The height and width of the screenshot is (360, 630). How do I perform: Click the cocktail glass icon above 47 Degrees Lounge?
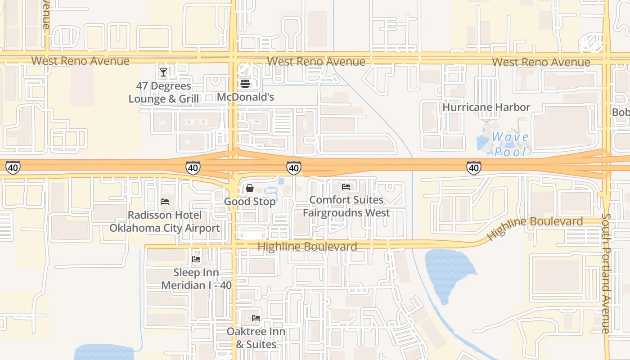pos(163,72)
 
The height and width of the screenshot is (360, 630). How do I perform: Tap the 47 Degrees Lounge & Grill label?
pos(163,92)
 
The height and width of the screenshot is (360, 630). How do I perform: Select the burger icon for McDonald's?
pos(245,83)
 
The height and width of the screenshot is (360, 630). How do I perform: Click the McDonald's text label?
pos(245,97)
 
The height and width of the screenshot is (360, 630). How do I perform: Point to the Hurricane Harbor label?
pos(486,107)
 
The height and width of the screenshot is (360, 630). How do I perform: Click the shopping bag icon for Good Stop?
pos(250,188)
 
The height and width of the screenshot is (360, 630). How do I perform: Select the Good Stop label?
pos(250,202)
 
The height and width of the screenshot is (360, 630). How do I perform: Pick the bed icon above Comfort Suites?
pos(346,186)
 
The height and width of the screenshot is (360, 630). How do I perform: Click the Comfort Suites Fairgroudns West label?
pos(346,206)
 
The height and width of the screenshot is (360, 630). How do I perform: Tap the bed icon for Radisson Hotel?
pos(165,202)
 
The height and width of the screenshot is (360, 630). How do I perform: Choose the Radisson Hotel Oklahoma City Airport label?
pos(165,221)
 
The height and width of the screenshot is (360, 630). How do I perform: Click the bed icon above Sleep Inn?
pos(196,259)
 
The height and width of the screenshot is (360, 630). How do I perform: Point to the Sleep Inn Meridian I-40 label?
pos(196,279)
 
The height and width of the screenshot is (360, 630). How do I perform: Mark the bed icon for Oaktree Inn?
pos(256,318)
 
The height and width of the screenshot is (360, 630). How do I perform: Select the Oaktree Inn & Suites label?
pos(256,338)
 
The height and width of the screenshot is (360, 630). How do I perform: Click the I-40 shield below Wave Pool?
pos(473,168)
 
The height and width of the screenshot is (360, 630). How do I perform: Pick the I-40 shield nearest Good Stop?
pos(293,168)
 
